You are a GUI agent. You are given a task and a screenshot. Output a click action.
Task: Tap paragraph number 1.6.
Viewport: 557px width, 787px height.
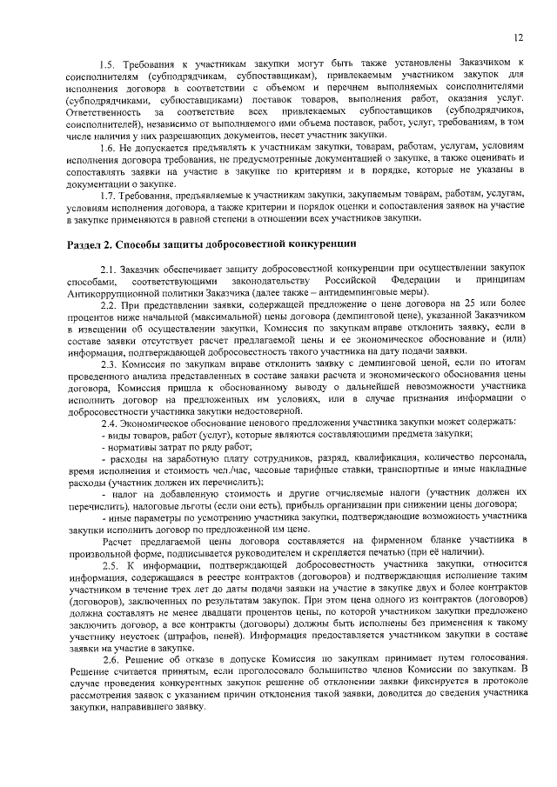pos(109,149)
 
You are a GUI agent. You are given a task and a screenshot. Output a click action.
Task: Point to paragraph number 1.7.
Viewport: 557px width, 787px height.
pos(109,194)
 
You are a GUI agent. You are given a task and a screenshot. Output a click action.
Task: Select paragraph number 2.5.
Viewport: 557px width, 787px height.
pos(112,566)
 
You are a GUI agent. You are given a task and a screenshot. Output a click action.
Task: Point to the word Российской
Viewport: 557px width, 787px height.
pos(351,282)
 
